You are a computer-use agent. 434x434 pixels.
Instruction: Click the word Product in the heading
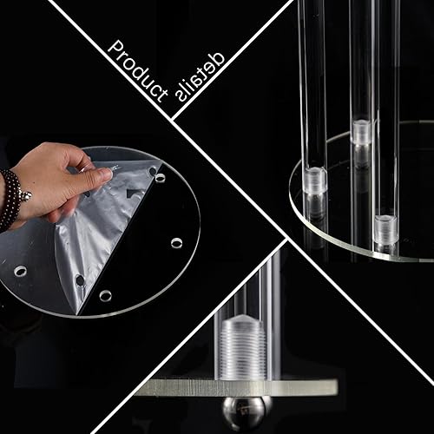pyautogui.click(x=138, y=71)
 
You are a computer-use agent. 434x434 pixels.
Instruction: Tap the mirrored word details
pyautogui.click(x=200, y=77)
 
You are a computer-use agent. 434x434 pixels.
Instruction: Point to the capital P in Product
pyautogui.click(x=115, y=49)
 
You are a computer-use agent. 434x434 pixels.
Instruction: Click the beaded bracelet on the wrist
pyautogui.click(x=12, y=200)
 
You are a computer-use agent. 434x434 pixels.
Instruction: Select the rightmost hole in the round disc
pyautogui.click(x=176, y=243)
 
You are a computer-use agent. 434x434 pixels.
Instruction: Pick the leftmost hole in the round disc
pyautogui.click(x=20, y=271)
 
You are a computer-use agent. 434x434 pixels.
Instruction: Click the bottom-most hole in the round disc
pyautogui.click(x=105, y=295)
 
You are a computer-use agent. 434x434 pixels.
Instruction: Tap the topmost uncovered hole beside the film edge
pyautogui.click(x=160, y=178)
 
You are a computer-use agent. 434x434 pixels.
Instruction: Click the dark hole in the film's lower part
pyautogui.click(x=80, y=279)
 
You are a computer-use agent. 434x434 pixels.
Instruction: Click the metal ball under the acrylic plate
pyautogui.click(x=244, y=412)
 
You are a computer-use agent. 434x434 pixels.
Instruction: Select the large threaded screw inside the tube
pyautogui.click(x=242, y=347)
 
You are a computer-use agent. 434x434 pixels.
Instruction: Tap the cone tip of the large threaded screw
pyautogui.click(x=242, y=319)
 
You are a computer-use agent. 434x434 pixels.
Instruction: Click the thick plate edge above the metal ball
pyautogui.click(x=237, y=387)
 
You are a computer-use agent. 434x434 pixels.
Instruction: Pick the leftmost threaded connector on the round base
pyautogui.click(x=316, y=181)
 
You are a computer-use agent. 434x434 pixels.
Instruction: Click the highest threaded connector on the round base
pyautogui.click(x=361, y=132)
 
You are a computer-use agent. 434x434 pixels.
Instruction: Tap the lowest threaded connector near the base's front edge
pyautogui.click(x=385, y=228)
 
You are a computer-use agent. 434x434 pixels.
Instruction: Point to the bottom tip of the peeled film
pyautogui.click(x=77, y=314)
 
